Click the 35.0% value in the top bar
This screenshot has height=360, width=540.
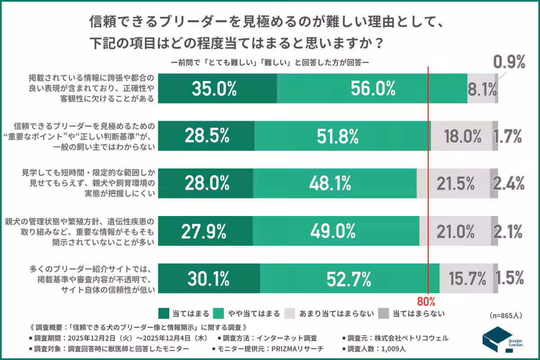(214, 89)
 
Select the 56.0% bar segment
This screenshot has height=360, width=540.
(372, 89)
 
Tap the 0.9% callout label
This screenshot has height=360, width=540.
(509, 62)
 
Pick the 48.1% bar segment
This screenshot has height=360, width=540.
(334, 183)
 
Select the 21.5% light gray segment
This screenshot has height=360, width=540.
(453, 183)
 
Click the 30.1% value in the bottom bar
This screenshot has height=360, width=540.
(208, 279)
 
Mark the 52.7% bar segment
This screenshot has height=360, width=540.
(349, 279)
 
